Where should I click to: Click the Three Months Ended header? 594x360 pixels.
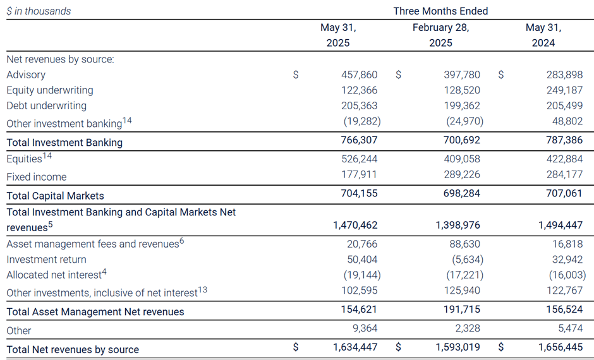click(440, 11)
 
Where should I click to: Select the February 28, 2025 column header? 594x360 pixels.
click(440, 35)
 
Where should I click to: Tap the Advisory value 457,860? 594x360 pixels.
click(360, 75)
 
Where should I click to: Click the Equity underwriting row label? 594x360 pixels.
click(50, 90)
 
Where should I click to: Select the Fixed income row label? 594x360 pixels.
click(37, 177)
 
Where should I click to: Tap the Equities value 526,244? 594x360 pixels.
click(360, 159)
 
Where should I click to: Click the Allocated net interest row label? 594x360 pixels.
click(54, 275)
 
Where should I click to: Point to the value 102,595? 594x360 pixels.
click(360, 291)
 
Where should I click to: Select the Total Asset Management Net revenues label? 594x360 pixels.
click(95, 311)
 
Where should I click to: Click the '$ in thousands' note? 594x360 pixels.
click(39, 11)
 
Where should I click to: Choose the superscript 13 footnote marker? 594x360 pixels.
click(202, 288)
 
